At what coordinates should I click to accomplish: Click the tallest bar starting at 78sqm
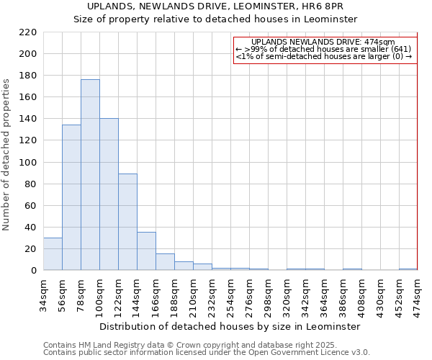[x=90, y=175]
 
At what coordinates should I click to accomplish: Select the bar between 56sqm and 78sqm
[x=71, y=197]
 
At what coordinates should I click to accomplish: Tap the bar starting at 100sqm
[x=109, y=194]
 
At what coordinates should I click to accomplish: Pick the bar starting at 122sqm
[x=127, y=222]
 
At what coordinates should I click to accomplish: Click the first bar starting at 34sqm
[x=53, y=254]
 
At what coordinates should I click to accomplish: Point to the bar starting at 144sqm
[x=146, y=251]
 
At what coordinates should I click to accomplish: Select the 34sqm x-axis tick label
[x=44, y=295]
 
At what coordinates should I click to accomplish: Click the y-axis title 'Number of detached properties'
[x=7, y=154]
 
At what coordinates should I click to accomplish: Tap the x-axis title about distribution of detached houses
[x=229, y=327]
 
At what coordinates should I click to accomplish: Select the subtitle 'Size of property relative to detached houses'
[x=215, y=19]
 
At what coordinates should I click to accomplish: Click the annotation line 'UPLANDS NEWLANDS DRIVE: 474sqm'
[x=323, y=42]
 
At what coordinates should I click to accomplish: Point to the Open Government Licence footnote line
[x=206, y=352]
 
